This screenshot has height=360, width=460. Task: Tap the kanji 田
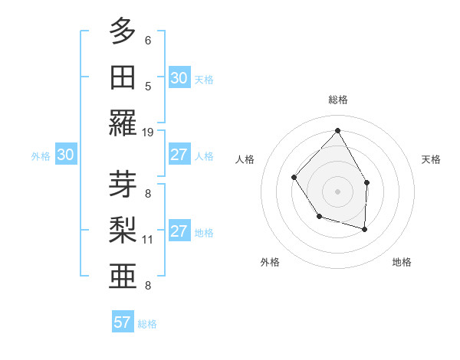tap(123, 77)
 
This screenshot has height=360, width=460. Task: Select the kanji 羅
tap(123, 123)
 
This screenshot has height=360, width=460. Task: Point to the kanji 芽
tap(123, 184)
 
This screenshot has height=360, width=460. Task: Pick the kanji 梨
tap(123, 231)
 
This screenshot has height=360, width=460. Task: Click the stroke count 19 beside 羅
tap(148, 132)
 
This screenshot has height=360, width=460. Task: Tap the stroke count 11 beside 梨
tap(148, 240)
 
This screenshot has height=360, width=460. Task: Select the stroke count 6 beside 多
tap(148, 40)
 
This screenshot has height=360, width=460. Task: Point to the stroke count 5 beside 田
tap(148, 86)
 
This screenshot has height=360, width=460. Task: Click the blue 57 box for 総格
tap(123, 322)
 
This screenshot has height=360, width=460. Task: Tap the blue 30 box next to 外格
tap(66, 155)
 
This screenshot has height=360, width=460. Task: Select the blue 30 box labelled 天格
tap(179, 77)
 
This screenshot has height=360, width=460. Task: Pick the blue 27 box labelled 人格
tap(179, 155)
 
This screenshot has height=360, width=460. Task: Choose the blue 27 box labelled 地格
tap(179, 231)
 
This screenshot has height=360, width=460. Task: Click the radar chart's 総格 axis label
tap(338, 100)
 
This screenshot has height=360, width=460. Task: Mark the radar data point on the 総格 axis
tap(337, 130)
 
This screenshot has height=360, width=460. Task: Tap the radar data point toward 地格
tap(365, 229)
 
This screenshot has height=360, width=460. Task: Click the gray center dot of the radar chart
tap(337, 191)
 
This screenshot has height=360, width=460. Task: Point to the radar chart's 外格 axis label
tap(270, 263)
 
